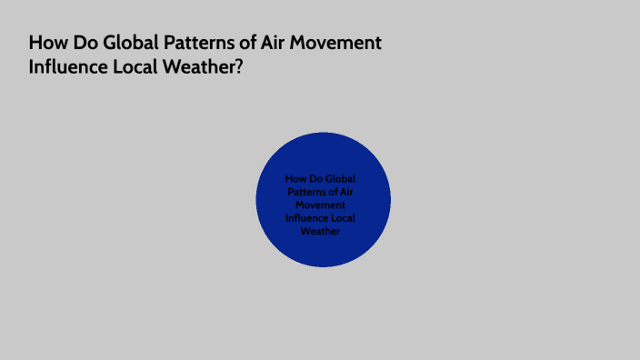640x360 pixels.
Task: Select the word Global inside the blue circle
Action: click(x=338, y=179)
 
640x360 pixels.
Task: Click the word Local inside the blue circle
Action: click(x=344, y=218)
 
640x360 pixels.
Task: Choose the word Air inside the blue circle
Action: click(x=347, y=192)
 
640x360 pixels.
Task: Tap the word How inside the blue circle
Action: click(x=295, y=179)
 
